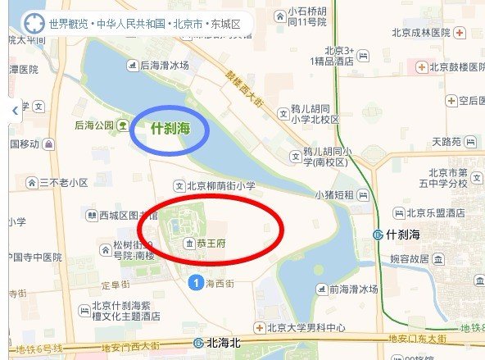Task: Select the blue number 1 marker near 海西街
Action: point(194,283)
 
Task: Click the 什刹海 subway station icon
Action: point(377,235)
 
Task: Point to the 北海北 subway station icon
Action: point(198,343)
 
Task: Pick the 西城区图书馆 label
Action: point(120,216)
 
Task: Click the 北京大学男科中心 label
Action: point(306,328)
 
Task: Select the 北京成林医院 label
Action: point(423,33)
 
